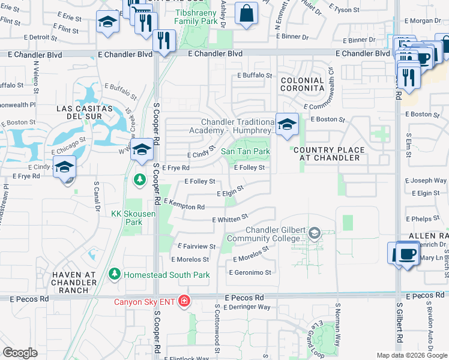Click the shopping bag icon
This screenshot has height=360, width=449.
pos(246,14)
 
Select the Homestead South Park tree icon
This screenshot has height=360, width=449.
pos(114,275)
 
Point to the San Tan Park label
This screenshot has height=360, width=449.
pos(246,152)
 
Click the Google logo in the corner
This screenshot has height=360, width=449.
pos(20,353)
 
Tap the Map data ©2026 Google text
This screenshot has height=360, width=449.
pos(412,355)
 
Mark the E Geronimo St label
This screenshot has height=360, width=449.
pos(250,272)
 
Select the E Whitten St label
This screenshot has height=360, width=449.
pos(230,218)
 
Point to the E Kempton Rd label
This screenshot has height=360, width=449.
pos(184,205)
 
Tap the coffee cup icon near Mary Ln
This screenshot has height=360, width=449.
pos(407,254)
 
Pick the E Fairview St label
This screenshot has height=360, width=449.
pos(197,247)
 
